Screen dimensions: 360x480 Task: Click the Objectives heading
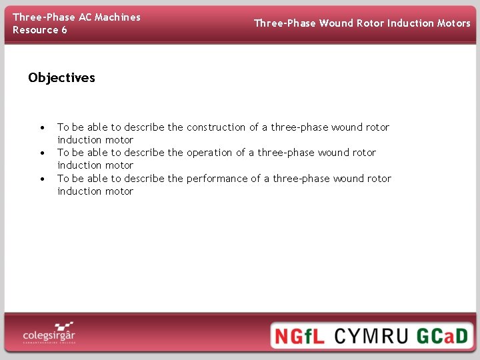coord(61,78)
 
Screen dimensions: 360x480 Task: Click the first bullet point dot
coord(42,127)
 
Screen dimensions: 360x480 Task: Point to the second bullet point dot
coord(42,153)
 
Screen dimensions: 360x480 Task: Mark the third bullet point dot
coord(42,179)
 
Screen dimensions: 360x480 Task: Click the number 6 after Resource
coord(64,30)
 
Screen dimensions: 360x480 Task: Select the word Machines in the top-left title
coord(117,17)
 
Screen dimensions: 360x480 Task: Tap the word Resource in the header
coord(35,30)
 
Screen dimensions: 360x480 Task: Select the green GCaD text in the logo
coord(443,335)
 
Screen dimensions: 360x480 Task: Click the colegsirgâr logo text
coord(48,334)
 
